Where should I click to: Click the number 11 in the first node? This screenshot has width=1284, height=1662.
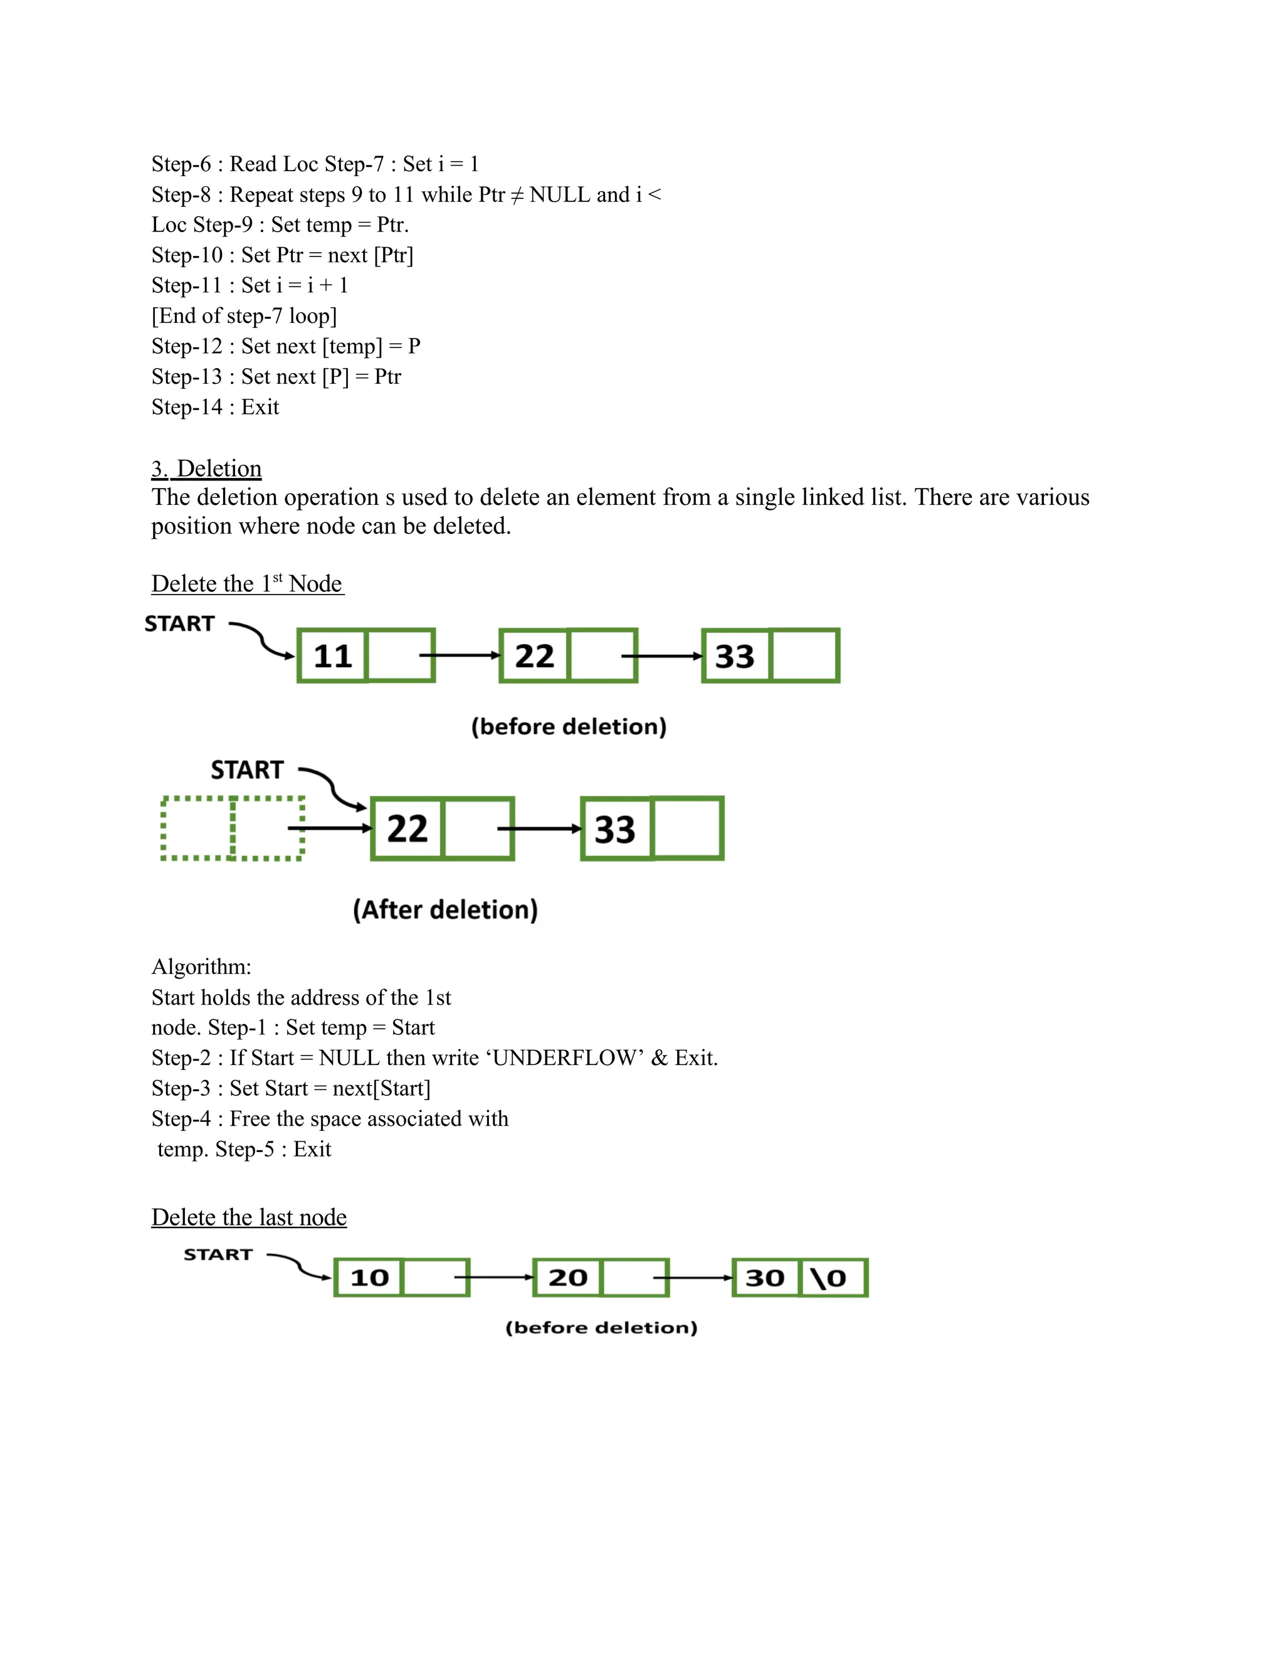[x=332, y=656]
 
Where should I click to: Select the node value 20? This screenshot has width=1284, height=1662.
[x=567, y=1278]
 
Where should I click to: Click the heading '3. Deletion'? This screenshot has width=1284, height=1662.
[x=206, y=468]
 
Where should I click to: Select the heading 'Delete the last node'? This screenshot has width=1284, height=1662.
[x=249, y=1217]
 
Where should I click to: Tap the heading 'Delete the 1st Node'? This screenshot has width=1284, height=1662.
[x=247, y=584]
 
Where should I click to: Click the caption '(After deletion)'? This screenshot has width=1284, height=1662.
[x=445, y=909]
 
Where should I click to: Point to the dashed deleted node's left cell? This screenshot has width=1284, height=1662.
[x=197, y=828]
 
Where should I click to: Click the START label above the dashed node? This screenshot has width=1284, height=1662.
[x=246, y=770]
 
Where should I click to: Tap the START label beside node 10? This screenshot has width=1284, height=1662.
[x=218, y=1255]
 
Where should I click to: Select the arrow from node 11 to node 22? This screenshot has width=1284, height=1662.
[x=460, y=655]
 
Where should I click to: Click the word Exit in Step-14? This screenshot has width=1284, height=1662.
[x=260, y=407]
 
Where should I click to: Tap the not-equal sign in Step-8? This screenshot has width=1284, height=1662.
[x=517, y=195]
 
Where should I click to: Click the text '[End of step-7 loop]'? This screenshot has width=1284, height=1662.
[x=243, y=316]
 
